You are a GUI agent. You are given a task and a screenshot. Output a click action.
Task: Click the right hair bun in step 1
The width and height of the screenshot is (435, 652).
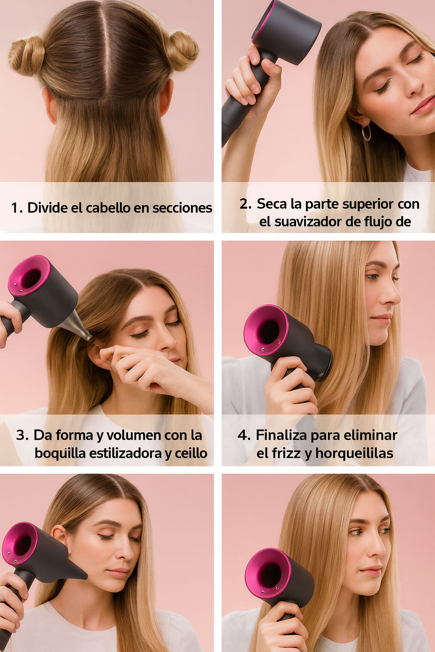(182, 50)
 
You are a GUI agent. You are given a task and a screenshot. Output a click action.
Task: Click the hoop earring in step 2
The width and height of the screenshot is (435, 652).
(366, 132)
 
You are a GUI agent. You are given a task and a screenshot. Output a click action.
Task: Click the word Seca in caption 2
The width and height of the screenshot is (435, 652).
(272, 204)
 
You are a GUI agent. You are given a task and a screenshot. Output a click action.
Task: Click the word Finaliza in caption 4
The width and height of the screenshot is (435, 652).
(281, 436)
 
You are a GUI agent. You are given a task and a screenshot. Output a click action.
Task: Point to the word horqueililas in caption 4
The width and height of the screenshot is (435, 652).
(354, 453)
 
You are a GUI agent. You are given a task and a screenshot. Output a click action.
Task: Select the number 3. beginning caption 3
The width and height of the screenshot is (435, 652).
(22, 436)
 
